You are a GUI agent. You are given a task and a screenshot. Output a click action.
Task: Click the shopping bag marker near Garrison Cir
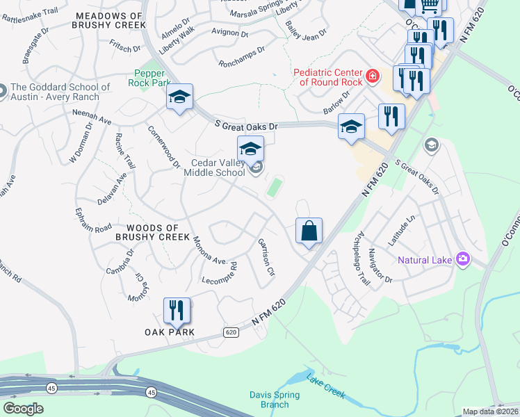coord(309,231)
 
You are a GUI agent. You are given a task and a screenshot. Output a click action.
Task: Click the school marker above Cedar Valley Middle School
coord(250,148)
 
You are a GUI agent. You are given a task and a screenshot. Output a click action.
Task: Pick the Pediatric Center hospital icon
coord(373,76)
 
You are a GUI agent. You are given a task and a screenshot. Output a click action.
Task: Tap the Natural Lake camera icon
coord(463,260)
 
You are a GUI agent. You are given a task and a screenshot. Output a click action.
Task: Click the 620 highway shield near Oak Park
coord(231,333)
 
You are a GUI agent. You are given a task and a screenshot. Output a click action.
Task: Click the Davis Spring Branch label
coord(275,400)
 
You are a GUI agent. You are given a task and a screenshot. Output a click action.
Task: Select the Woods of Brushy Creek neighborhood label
coord(159,232)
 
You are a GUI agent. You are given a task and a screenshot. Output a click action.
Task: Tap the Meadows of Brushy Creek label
coord(108,19)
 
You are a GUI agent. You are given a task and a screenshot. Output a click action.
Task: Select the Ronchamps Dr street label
coord(241,55)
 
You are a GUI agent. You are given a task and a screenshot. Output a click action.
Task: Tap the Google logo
coord(22,409)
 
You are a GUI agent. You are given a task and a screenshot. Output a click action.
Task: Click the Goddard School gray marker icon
coord(2,91)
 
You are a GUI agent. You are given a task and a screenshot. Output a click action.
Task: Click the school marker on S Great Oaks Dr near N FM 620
coord(351,126)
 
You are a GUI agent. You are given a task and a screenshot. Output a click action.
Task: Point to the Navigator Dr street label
coord(380,265)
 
